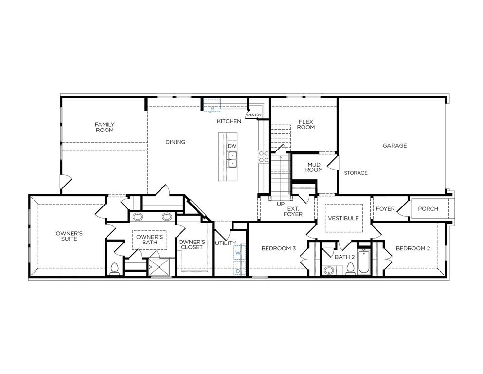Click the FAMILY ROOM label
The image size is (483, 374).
(x=105, y=127)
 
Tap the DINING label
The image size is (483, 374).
(x=175, y=142)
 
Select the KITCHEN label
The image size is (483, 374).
(x=229, y=121)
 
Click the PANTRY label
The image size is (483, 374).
(x=254, y=115)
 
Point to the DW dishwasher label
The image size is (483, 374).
(x=232, y=146)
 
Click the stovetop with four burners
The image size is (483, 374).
(x=263, y=156)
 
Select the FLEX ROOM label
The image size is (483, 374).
(x=306, y=124)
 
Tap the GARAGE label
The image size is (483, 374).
(x=394, y=145)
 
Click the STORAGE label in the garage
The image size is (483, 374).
(x=356, y=173)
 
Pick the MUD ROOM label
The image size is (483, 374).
(x=314, y=167)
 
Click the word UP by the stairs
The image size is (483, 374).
(x=281, y=204)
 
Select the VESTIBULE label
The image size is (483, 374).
(x=343, y=218)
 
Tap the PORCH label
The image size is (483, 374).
(x=428, y=209)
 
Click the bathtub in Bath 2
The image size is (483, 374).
(x=364, y=262)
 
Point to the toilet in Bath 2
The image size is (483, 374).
(x=350, y=268)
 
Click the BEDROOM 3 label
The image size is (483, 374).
(x=278, y=248)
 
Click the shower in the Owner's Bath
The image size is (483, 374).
(x=159, y=267)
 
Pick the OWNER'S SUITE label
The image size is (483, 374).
(x=69, y=236)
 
